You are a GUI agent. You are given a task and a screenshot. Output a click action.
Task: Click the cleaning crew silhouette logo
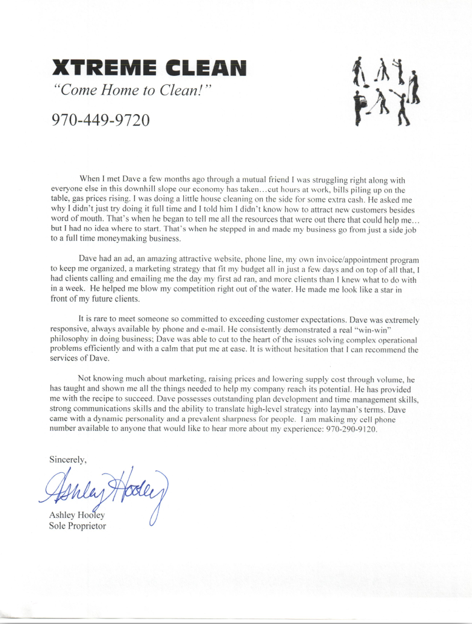385,90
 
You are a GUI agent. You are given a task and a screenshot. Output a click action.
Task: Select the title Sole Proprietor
78,526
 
